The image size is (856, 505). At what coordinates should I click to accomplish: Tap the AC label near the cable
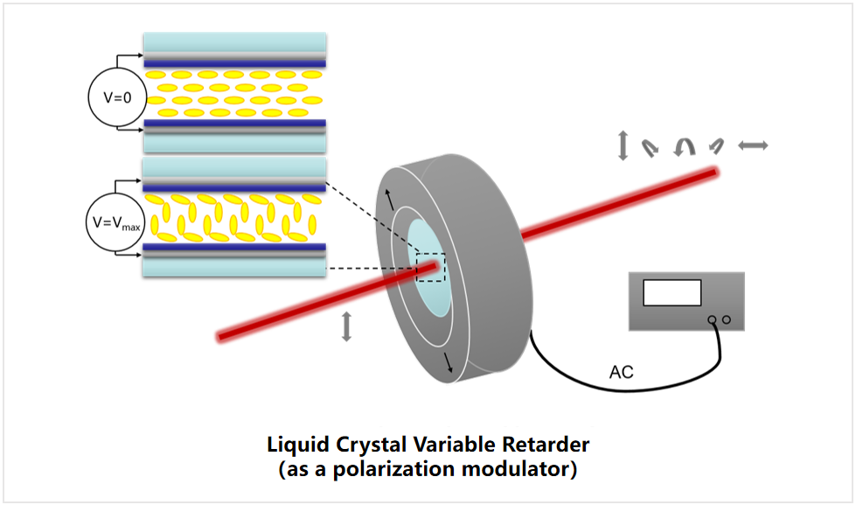click(x=621, y=374)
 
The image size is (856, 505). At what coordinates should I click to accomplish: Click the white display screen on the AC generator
click(x=672, y=292)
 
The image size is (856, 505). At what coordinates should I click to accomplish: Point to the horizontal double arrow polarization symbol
click(x=753, y=146)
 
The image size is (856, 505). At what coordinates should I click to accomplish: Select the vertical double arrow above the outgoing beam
click(x=623, y=145)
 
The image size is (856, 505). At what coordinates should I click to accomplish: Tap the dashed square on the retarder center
click(x=430, y=267)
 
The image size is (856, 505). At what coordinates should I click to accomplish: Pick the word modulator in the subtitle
click(x=521, y=469)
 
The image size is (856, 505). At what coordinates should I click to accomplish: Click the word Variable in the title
click(x=453, y=444)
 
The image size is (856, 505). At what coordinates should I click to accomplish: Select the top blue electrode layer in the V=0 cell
click(x=234, y=62)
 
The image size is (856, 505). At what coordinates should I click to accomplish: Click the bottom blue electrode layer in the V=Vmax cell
click(x=234, y=249)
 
